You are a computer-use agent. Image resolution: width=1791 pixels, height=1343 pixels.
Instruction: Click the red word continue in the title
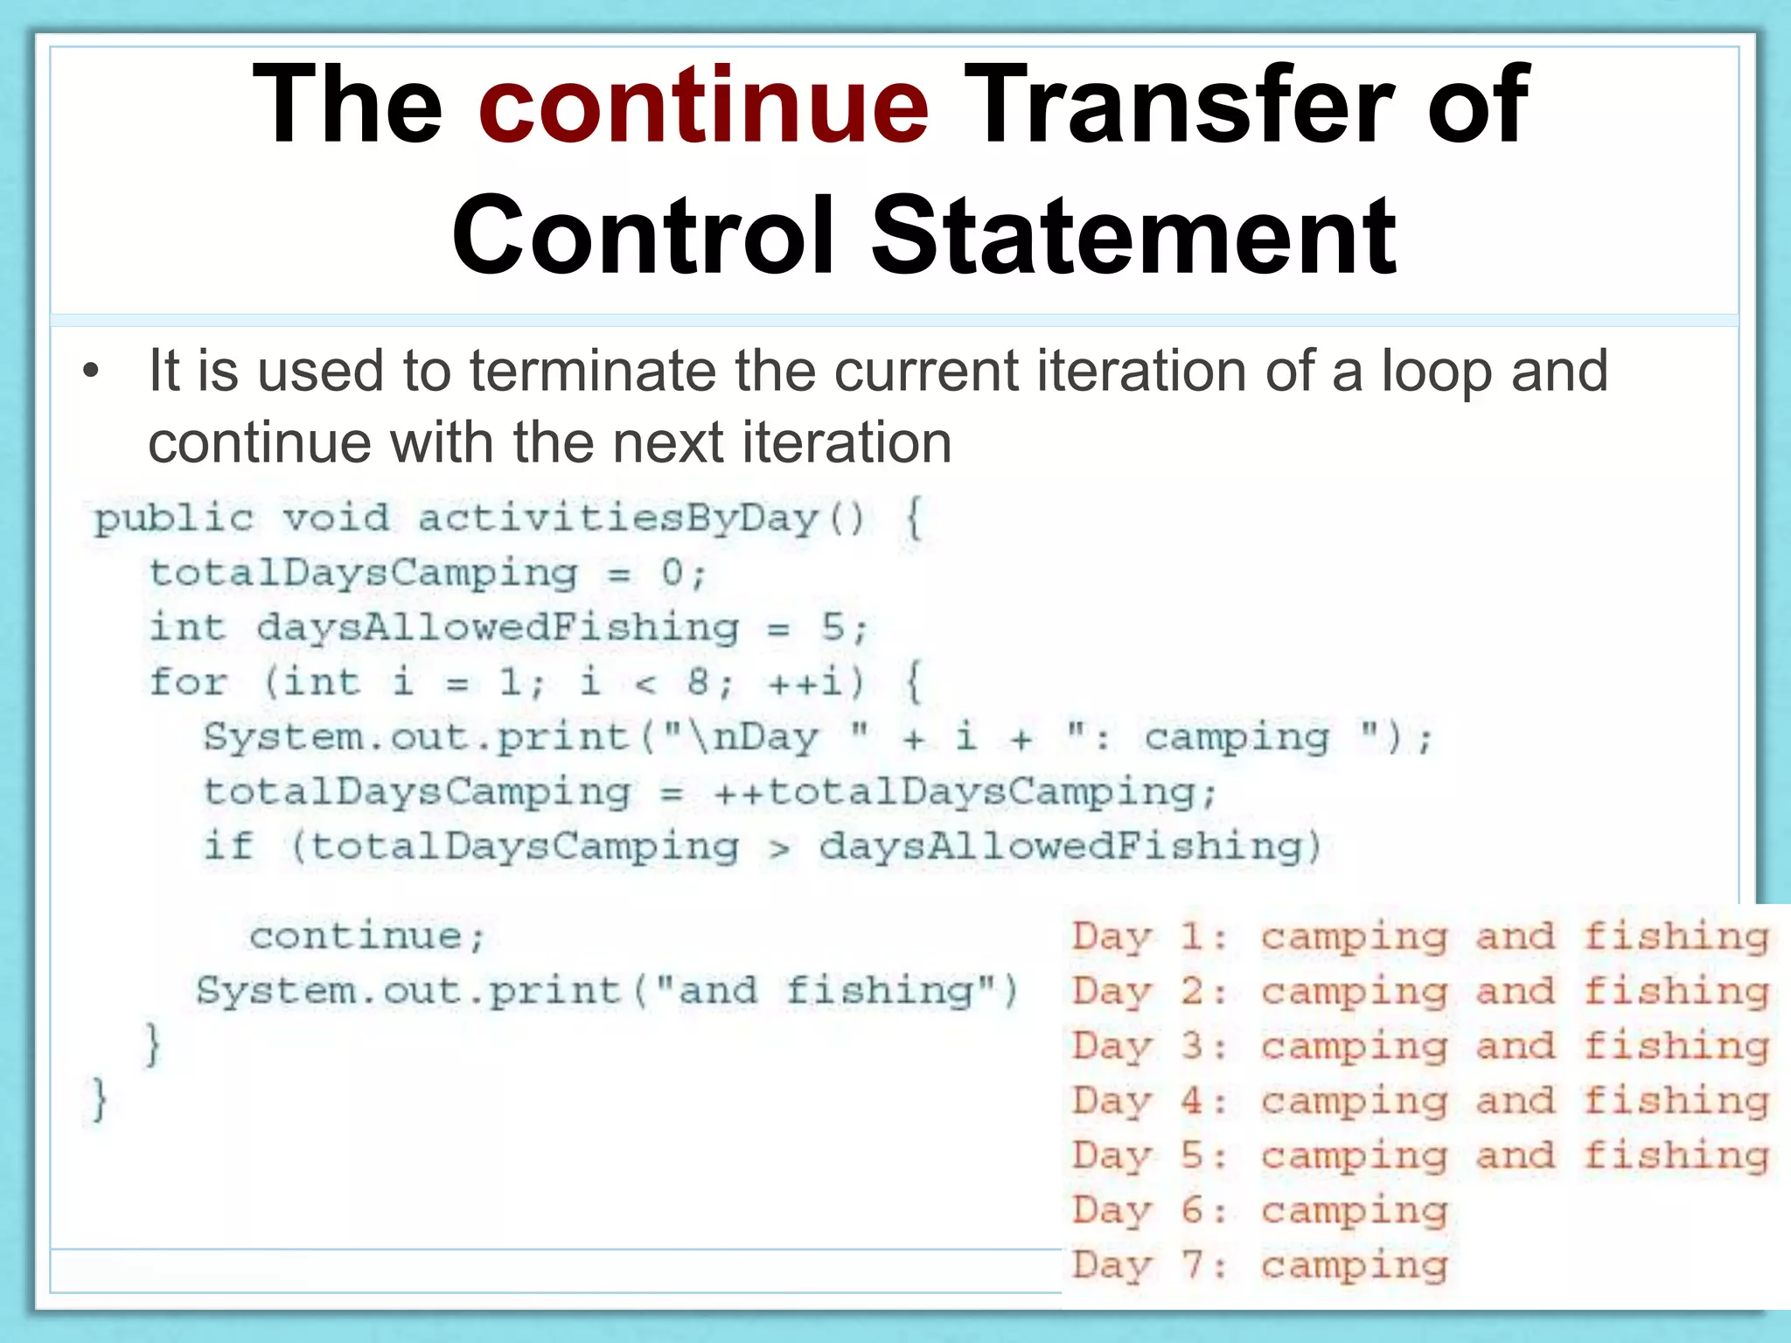tap(703, 107)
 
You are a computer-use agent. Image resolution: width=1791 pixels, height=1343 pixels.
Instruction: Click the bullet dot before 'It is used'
tap(91, 372)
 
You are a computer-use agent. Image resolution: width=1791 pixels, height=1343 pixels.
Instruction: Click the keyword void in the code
tap(336, 518)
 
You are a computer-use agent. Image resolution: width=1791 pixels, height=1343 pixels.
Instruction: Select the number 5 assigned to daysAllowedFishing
tap(833, 628)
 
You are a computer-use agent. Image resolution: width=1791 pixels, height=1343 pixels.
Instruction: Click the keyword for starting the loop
tap(188, 682)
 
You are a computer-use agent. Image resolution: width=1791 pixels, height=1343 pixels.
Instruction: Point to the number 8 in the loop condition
tap(698, 682)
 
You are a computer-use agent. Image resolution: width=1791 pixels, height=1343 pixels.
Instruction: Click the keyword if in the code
tap(228, 845)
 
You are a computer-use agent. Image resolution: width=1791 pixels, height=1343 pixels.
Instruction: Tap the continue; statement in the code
tap(367, 937)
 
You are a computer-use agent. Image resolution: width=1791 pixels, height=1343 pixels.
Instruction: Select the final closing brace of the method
tap(100, 1100)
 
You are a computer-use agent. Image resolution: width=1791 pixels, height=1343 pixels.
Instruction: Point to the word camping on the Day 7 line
tap(1354, 1265)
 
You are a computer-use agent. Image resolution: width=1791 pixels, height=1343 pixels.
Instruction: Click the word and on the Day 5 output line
tap(1516, 1156)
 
